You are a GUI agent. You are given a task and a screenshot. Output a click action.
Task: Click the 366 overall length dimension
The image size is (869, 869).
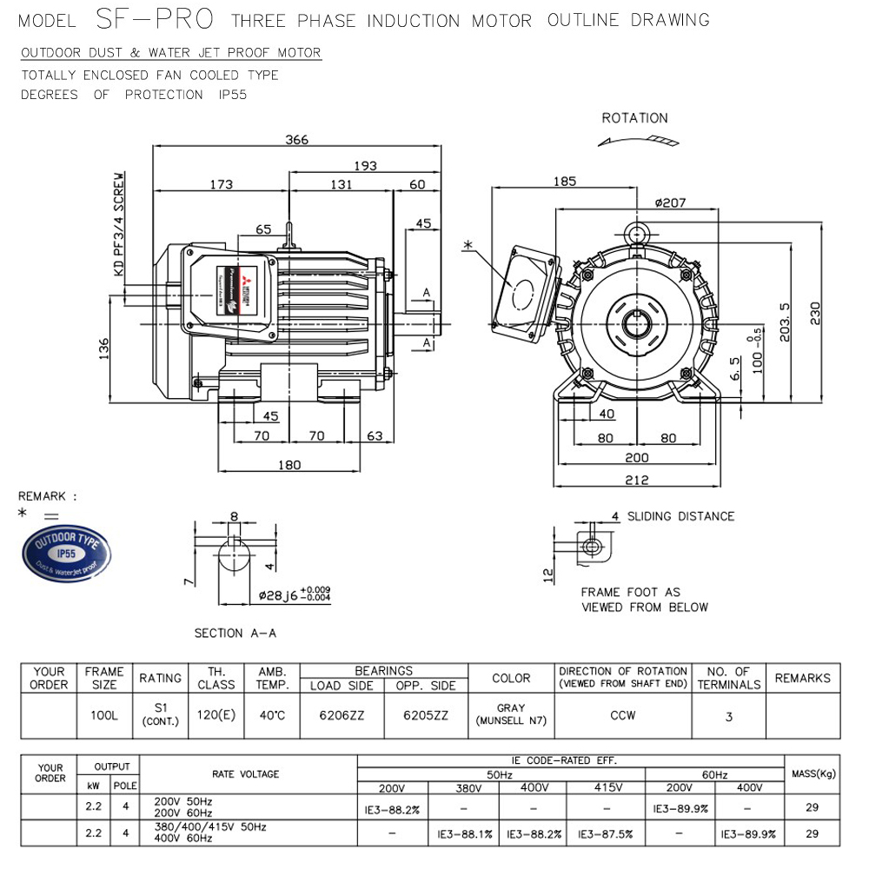click(297, 140)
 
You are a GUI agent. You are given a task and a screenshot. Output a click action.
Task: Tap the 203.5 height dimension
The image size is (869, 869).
click(786, 322)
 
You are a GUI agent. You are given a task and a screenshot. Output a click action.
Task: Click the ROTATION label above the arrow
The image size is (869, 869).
click(634, 118)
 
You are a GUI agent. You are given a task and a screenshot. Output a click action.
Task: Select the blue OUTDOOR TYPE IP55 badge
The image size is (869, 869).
click(67, 553)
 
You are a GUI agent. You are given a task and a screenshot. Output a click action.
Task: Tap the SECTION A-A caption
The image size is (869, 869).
click(235, 634)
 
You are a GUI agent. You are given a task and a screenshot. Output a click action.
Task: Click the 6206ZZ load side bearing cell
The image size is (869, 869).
click(342, 716)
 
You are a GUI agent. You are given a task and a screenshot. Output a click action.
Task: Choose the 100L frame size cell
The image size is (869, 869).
click(103, 716)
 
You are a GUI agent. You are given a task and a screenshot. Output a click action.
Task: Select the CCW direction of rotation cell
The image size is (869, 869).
click(622, 716)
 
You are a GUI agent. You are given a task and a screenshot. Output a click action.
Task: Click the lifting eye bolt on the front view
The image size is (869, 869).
click(637, 233)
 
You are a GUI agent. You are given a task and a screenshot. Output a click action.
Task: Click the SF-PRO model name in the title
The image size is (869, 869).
click(152, 19)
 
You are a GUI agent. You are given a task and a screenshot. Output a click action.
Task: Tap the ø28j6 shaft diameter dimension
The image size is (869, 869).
click(294, 596)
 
